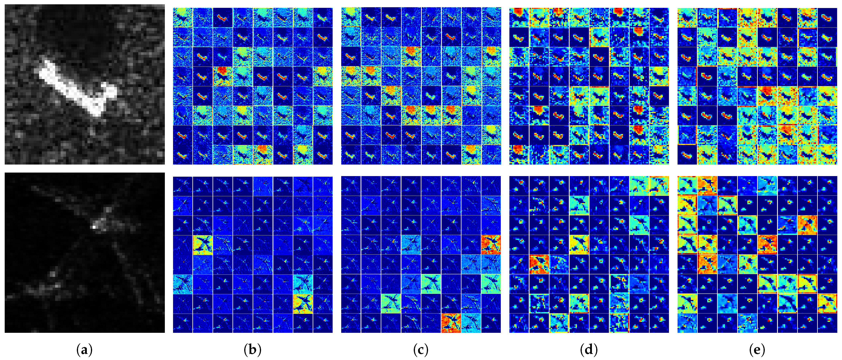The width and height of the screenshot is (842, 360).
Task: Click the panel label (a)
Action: tap(84, 350)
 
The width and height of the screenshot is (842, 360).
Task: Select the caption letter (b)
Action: tap(252, 350)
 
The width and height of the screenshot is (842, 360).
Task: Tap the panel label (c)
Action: tap(421, 350)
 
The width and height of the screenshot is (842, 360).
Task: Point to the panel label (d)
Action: tap(589, 350)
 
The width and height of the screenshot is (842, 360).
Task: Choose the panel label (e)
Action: tap(757, 350)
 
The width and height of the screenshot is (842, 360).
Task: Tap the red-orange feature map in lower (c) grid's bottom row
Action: tap(451, 323)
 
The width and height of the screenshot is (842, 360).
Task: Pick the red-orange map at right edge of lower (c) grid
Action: tap(491, 245)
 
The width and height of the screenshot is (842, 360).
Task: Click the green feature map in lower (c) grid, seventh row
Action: tap(391, 303)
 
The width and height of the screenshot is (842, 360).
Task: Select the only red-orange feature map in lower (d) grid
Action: tap(539, 264)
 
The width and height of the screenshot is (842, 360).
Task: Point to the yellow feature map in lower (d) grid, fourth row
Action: tap(579, 245)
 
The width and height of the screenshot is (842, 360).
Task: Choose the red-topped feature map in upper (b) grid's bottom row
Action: tap(263, 154)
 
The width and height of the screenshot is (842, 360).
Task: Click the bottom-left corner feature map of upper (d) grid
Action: tap(519, 154)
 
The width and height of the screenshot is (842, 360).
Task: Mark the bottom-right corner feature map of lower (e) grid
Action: tap(827, 323)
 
